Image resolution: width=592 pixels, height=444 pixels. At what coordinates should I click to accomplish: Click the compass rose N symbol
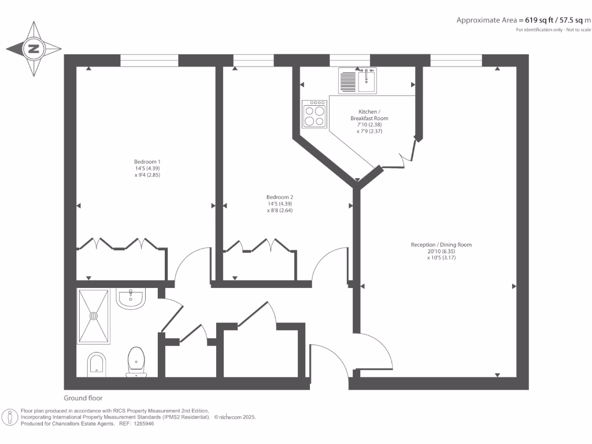pos(34,49)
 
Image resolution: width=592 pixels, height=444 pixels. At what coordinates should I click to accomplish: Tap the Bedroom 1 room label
pos(147,161)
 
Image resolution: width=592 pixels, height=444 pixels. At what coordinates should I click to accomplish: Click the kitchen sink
pos(366,80)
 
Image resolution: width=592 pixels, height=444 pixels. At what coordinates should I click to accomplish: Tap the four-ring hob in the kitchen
pos(315,113)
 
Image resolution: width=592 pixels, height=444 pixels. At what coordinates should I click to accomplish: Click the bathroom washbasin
pos(131,299)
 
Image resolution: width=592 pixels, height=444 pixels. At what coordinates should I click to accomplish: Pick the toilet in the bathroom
pos(136,361)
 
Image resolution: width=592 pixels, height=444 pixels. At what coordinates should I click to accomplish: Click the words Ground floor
pos(83,398)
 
